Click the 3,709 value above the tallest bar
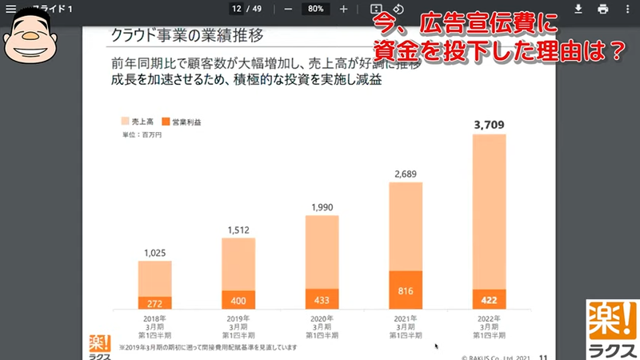[x=489, y=125]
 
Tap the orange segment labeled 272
[x=154, y=303]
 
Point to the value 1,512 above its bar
[x=238, y=230]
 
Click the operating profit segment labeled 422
[x=489, y=300]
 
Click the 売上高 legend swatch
[x=125, y=122]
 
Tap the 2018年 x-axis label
[x=154, y=318]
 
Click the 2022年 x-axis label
[x=489, y=318]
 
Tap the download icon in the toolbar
[x=579, y=9]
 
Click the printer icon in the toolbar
[x=603, y=9]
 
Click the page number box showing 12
[x=237, y=9]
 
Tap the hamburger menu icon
[x=10, y=9]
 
